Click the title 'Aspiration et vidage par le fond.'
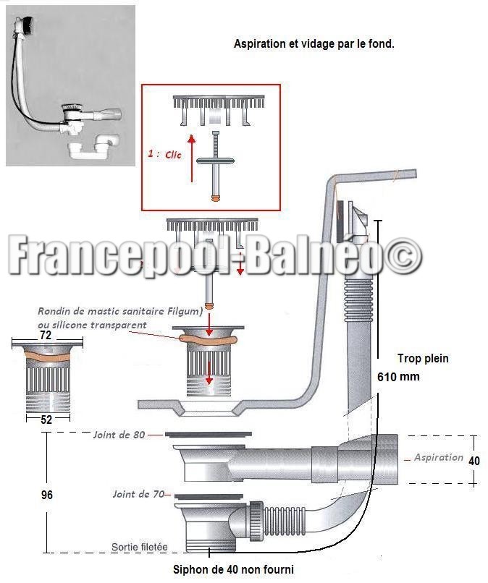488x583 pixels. point(314,44)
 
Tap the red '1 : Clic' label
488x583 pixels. point(164,154)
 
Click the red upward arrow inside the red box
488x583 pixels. point(192,158)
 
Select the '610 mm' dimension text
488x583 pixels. point(398,377)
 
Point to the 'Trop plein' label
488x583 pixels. point(423,359)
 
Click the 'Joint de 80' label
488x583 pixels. point(119,435)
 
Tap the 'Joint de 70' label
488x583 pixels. point(138,494)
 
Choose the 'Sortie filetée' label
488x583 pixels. point(140,547)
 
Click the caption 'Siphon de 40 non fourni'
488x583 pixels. point(233,569)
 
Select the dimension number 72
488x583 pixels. point(46,335)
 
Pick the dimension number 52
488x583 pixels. point(46,420)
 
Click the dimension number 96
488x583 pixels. point(46,495)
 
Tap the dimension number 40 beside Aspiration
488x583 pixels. point(474,461)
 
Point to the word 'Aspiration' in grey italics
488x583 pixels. point(439,458)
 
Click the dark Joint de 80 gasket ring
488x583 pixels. point(208,434)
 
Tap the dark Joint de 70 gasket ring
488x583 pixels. point(209,496)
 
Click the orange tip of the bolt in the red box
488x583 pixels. point(215,198)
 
